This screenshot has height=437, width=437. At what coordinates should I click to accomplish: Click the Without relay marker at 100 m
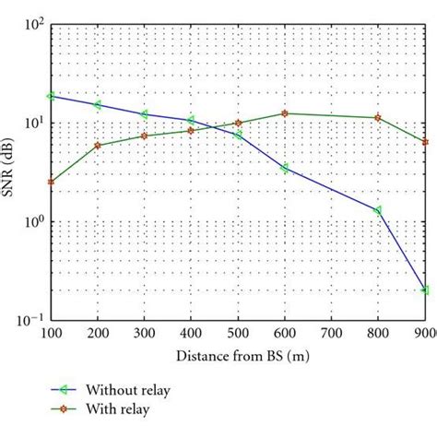click(x=52, y=96)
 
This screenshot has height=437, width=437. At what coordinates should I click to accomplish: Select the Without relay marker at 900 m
click(x=424, y=289)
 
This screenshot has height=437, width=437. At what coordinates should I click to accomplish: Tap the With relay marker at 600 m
click(x=284, y=113)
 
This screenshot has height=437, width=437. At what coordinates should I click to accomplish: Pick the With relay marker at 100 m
click(x=52, y=182)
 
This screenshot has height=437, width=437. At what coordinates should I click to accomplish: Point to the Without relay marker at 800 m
click(x=377, y=210)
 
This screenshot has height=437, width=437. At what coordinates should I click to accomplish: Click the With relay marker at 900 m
click(x=424, y=141)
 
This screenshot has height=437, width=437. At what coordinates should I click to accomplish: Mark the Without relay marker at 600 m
click(x=284, y=168)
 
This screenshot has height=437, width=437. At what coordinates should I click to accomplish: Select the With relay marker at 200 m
click(x=98, y=146)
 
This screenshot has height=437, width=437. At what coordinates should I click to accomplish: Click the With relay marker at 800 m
click(x=377, y=118)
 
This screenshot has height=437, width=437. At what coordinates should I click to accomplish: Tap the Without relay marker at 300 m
click(x=145, y=114)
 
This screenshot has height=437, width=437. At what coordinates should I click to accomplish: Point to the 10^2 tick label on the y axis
click(x=30, y=24)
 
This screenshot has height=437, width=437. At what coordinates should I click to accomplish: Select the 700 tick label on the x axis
click(x=330, y=334)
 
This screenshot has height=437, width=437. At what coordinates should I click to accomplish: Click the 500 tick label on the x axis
click(x=238, y=334)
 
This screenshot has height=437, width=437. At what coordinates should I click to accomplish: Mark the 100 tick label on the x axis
click(x=52, y=334)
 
